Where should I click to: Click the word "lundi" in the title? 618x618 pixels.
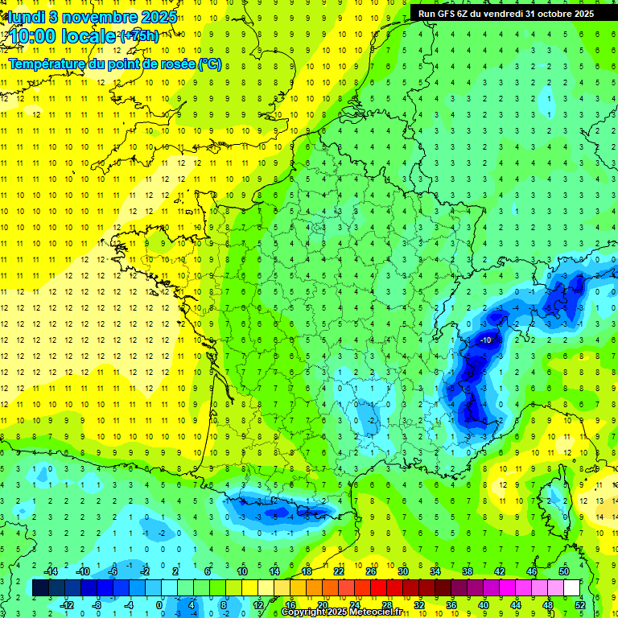point(25,16)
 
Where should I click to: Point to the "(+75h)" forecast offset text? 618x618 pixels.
point(139,36)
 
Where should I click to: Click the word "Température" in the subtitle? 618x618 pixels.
point(48,64)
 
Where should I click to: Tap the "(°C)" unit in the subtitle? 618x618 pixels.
point(209,64)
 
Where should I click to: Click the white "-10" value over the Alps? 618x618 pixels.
point(485,340)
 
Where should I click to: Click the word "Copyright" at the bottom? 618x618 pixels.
point(305,612)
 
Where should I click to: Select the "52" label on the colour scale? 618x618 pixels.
point(580,604)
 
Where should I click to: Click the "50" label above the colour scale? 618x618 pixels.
point(564,571)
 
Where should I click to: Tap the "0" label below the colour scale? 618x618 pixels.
point(160,604)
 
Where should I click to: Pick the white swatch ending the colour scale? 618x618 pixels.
point(572,588)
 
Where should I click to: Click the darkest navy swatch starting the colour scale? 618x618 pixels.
point(40,588)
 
